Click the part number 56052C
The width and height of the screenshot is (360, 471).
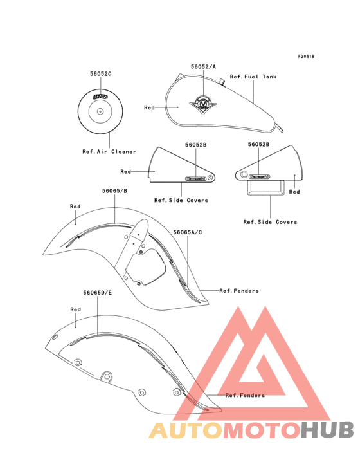(x=101, y=73)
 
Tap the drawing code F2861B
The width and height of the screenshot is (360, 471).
(x=306, y=56)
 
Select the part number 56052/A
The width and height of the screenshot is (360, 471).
(x=203, y=67)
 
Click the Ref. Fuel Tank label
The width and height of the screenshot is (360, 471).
(x=253, y=77)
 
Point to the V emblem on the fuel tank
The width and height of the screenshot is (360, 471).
(x=203, y=104)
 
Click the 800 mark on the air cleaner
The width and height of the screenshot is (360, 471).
(x=100, y=97)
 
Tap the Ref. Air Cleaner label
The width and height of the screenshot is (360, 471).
(x=109, y=152)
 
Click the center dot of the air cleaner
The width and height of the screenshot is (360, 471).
(x=100, y=112)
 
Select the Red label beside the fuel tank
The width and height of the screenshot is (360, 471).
(x=149, y=107)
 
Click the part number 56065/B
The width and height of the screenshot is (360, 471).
(x=114, y=190)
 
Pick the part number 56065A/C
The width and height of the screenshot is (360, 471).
(x=188, y=232)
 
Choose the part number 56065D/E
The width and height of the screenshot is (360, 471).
(x=98, y=293)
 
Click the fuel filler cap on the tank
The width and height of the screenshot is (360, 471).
(x=222, y=82)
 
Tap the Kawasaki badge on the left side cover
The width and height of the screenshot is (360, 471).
(x=196, y=178)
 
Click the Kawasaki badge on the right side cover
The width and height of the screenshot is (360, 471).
(x=259, y=176)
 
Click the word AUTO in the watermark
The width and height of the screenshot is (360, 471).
(x=186, y=430)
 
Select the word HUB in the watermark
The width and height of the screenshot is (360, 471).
(x=327, y=430)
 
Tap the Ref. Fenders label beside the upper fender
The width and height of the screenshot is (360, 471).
(x=239, y=291)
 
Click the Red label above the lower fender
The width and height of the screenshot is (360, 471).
(x=76, y=309)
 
